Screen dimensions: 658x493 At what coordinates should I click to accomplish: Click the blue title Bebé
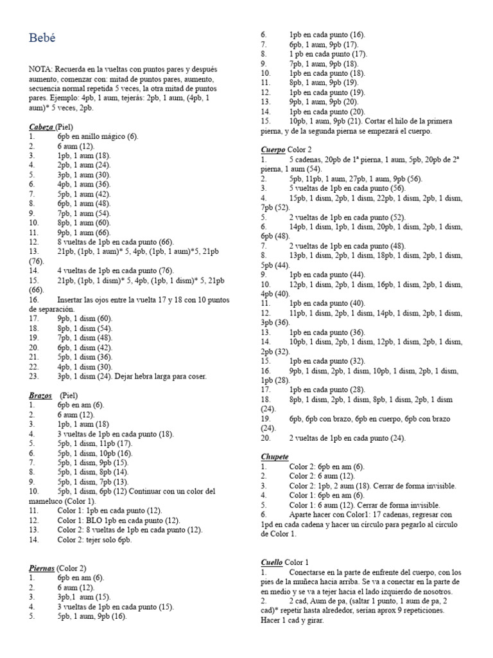42,39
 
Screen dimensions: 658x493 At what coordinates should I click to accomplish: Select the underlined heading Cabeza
41,127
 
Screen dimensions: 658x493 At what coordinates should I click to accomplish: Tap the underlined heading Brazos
40,396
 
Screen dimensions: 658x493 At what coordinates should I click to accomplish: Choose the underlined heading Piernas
42,568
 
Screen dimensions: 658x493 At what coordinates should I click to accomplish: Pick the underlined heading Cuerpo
272,150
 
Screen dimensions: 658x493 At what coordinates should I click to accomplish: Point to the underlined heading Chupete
275,456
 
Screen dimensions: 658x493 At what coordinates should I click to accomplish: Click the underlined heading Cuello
272,562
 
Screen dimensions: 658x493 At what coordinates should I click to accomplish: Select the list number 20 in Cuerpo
265,438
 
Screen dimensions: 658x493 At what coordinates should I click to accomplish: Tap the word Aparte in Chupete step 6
302,515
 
